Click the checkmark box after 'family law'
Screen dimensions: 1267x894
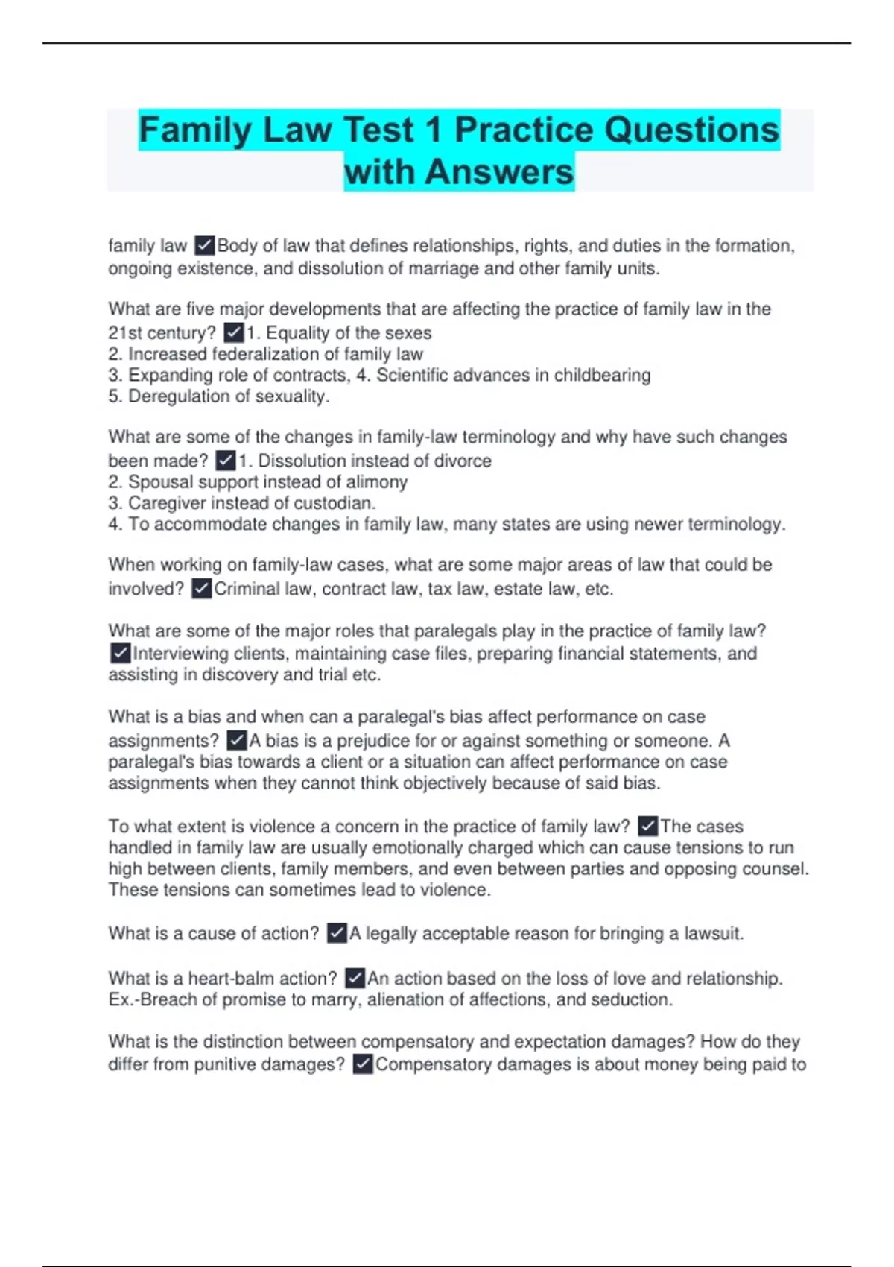pyautogui.click(x=204, y=245)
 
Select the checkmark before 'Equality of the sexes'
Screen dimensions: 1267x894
pyautogui.click(x=234, y=332)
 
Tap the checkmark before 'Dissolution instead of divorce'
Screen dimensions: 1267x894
pyautogui.click(x=225, y=461)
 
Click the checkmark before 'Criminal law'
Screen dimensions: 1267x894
pyautogui.click(x=202, y=589)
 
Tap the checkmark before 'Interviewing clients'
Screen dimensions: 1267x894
pyautogui.click(x=120, y=654)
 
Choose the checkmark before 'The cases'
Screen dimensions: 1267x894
pyautogui.click(x=648, y=827)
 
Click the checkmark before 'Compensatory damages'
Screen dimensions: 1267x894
pyautogui.click(x=363, y=1064)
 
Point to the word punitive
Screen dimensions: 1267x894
pyautogui.click(x=229, y=1064)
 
